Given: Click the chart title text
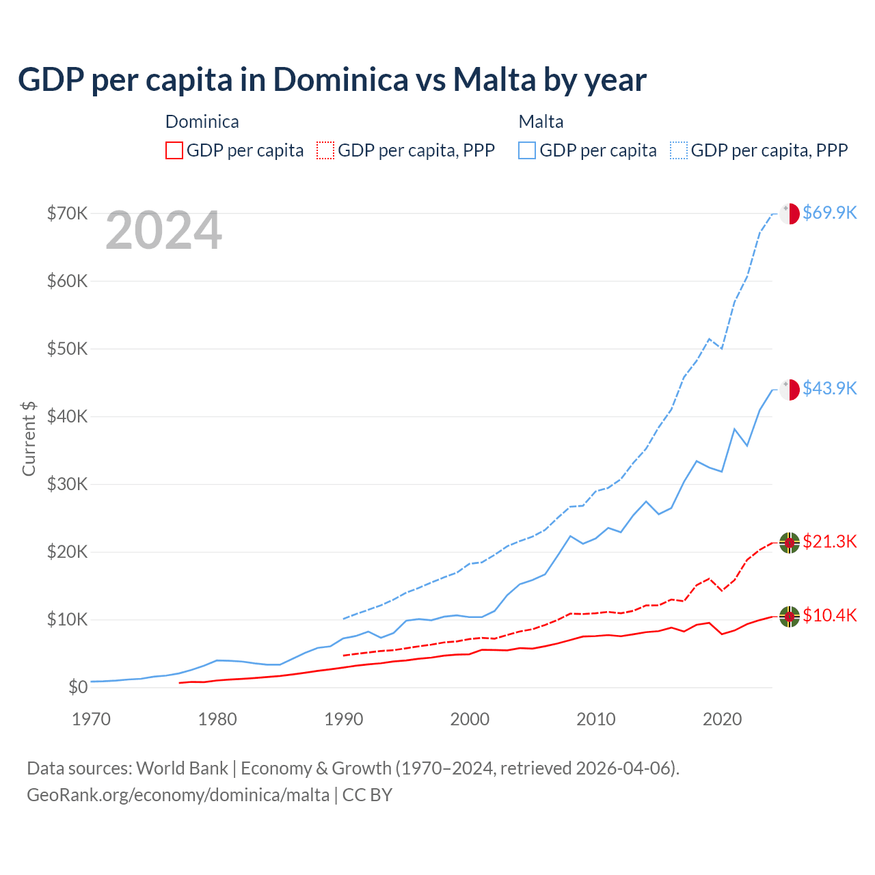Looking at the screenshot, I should [332, 80].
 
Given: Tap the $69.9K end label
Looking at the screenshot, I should [829, 213].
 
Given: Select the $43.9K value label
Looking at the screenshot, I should [829, 388].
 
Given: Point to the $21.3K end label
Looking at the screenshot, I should [829, 541].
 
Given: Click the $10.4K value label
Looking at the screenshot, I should [829, 615].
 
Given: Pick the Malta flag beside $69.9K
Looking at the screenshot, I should [790, 213].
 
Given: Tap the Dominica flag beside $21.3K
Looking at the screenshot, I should [790, 542].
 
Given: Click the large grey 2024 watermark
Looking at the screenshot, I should [163, 230].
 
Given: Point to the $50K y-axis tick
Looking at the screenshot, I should [67, 349].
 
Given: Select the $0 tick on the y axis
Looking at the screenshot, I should [78, 687].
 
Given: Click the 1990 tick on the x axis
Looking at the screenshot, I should [343, 719].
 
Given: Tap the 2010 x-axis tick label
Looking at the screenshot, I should [595, 719].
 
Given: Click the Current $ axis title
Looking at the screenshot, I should [29, 438].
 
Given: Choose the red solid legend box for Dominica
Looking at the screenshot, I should [174, 150].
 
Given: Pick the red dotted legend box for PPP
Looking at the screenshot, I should [325, 150].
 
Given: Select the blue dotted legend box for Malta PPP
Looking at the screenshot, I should [679, 150].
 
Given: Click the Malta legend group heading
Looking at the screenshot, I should [541, 122].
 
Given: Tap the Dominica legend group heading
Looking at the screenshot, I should [202, 122].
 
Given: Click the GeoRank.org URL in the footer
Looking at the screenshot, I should [178, 795].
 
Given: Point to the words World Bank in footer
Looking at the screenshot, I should [182, 768].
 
